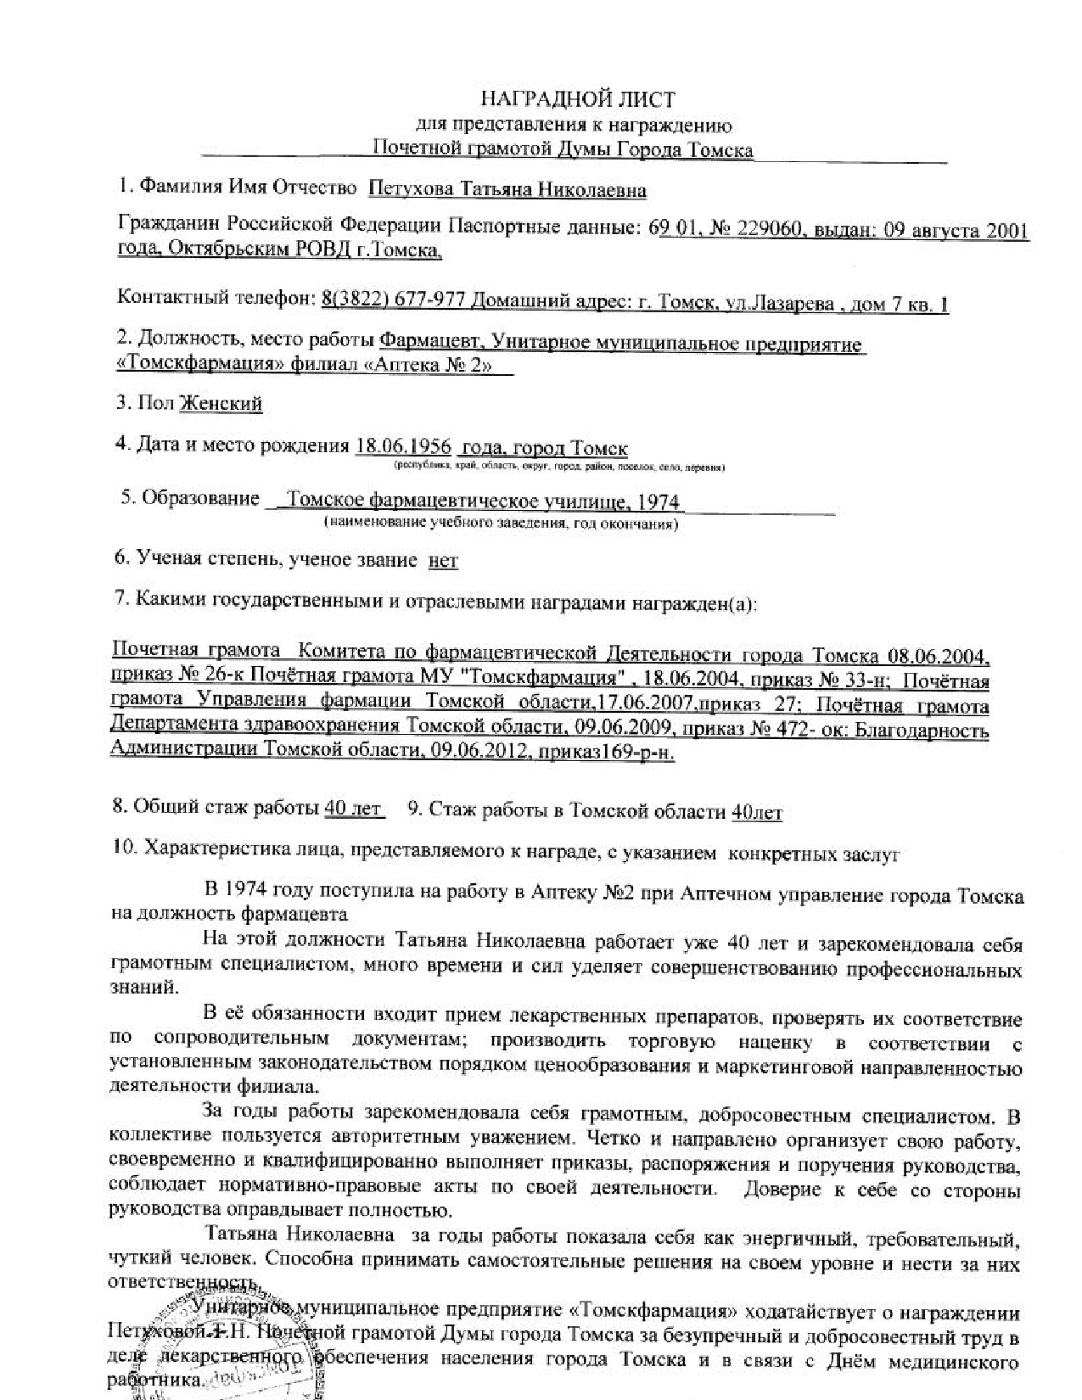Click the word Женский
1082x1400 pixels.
(x=221, y=403)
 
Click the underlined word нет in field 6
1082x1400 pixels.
(x=444, y=560)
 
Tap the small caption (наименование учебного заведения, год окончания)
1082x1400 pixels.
(x=501, y=524)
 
